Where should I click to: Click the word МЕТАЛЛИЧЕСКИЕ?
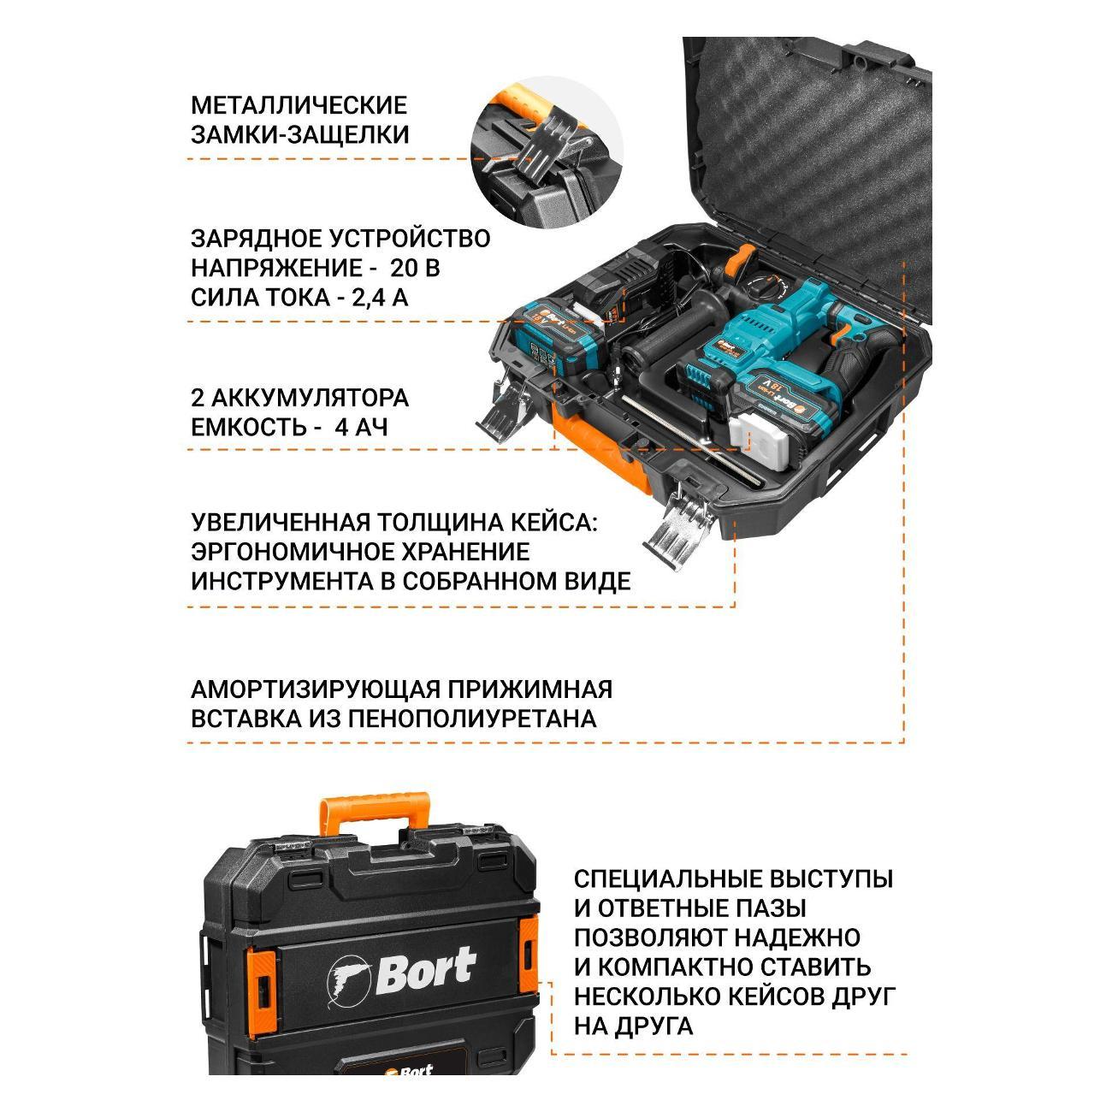[x=299, y=105]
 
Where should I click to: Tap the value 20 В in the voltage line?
[x=415, y=268]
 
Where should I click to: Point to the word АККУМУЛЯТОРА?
[x=310, y=398]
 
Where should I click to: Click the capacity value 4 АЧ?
[x=361, y=427]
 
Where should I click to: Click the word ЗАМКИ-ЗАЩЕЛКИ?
[x=299, y=134]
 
